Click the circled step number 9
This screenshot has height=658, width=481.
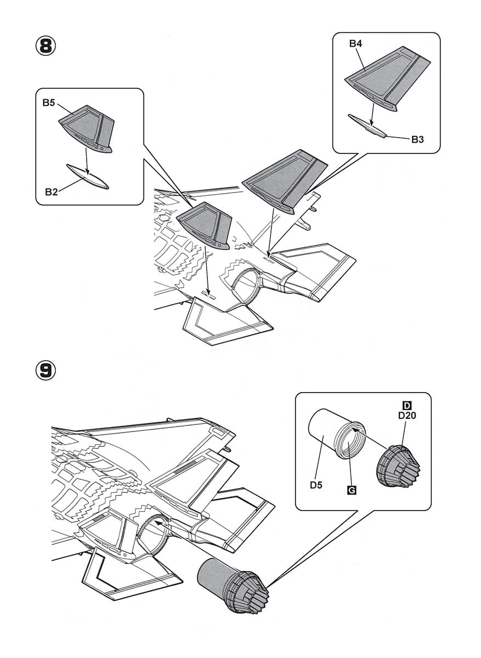[46, 370]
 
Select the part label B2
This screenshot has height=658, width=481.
[52, 192]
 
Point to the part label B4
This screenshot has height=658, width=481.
[356, 44]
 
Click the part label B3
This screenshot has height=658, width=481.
[417, 139]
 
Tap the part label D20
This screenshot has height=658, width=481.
[407, 415]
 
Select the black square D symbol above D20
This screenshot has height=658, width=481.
[407, 405]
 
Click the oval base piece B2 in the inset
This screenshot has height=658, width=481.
[87, 177]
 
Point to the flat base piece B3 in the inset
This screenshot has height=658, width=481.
[367, 126]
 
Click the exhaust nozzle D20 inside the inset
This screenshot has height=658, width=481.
[399, 467]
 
